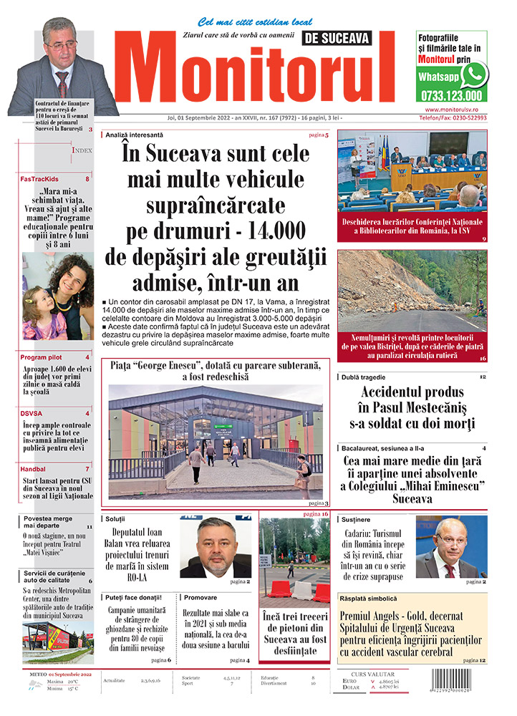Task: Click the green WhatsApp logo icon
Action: (474, 74)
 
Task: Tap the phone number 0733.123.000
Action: (452, 95)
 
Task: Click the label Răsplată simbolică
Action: (368, 598)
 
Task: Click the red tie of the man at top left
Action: (63, 83)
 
